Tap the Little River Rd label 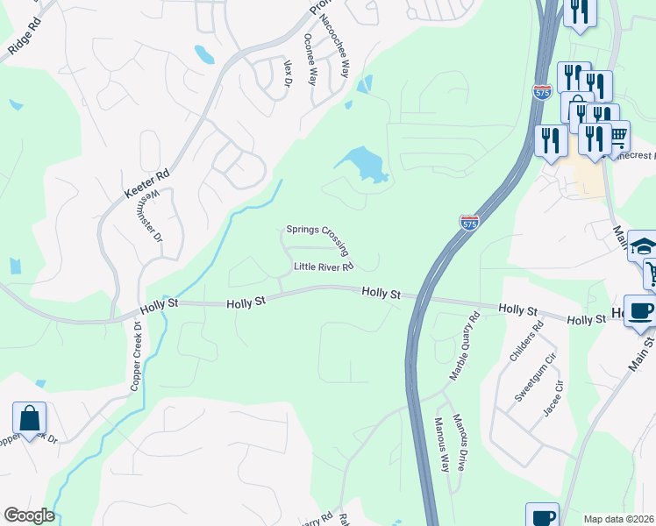click(x=323, y=267)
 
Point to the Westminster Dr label click(x=150, y=214)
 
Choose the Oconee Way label click(x=309, y=59)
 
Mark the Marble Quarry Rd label click(x=465, y=346)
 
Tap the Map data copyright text click(x=618, y=519)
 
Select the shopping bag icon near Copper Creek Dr click(x=29, y=418)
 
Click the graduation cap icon click(x=643, y=246)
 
